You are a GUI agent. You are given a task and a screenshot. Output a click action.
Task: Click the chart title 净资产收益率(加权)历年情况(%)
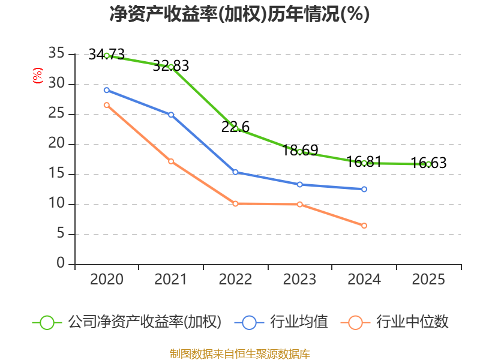tap(239, 14)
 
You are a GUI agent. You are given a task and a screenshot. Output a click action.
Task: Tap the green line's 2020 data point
tap(107, 55)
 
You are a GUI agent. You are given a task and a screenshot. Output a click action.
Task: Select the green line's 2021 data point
tap(171, 67)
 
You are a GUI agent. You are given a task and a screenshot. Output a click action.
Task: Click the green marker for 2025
tap(428, 164)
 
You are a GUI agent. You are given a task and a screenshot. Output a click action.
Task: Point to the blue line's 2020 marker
tap(107, 90)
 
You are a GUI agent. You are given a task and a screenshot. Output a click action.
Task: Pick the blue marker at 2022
tap(235, 172)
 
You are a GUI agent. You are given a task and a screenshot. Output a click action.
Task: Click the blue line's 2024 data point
tap(364, 189)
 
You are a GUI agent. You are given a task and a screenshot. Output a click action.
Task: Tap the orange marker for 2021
tap(171, 161)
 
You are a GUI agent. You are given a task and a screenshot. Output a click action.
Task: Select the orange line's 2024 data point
tap(364, 226)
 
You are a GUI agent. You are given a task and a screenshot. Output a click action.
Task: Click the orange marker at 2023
tap(300, 205)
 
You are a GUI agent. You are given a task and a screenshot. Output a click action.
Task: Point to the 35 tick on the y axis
tap(56, 54)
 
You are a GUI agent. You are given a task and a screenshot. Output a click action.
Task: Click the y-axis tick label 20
tap(56, 144)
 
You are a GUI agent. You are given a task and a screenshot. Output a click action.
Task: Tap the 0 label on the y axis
tap(61, 264)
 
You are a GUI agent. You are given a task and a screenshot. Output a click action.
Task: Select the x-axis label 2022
tap(235, 280)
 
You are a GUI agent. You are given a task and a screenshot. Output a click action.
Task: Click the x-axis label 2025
tap(428, 280)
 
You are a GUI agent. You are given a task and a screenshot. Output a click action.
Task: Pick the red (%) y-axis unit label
tap(38, 76)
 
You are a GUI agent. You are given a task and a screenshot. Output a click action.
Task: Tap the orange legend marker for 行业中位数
tap(355, 322)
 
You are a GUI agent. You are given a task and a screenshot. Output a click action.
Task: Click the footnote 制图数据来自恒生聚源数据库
tap(239, 353)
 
